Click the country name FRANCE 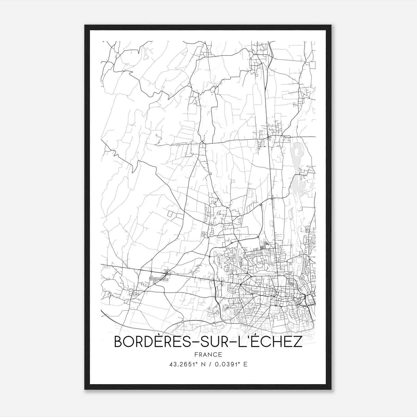[208, 354]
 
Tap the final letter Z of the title [297, 342]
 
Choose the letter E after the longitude [245, 364]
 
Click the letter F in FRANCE [196, 354]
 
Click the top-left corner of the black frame [85, 26]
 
